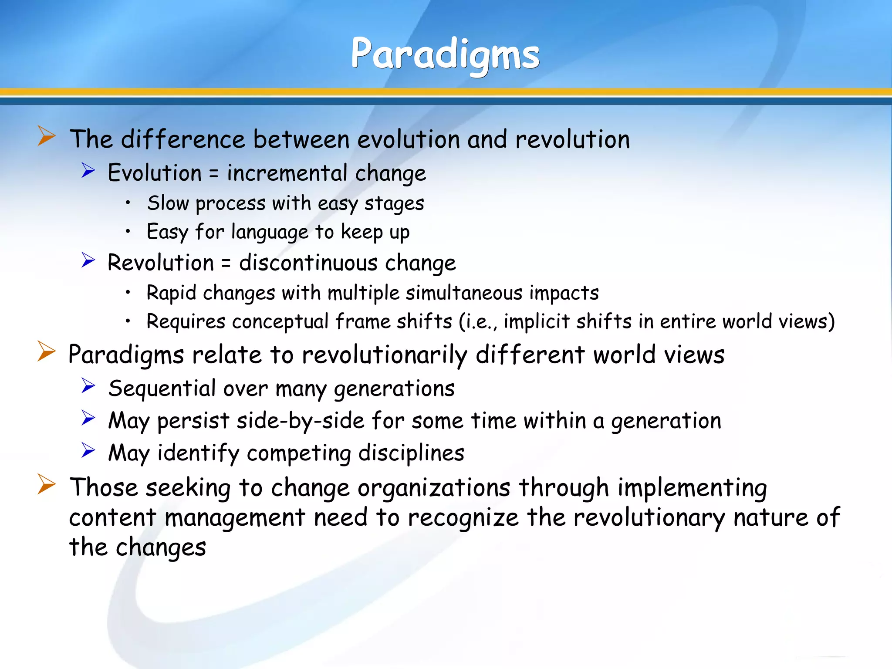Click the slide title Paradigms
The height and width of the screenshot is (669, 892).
(x=445, y=54)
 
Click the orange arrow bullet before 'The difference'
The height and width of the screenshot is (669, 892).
(x=46, y=136)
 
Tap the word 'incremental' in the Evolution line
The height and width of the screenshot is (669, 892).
(x=287, y=173)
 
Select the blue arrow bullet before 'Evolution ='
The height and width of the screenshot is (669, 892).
(x=88, y=170)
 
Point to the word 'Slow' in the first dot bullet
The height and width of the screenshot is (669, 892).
(x=168, y=203)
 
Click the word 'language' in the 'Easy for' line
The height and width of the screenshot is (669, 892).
(x=270, y=232)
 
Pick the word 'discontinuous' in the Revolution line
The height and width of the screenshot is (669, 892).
(x=308, y=263)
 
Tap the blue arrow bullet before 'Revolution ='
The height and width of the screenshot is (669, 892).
(x=88, y=260)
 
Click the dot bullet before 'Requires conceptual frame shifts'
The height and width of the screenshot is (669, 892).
(x=128, y=321)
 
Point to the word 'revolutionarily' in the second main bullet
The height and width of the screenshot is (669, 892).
(x=384, y=355)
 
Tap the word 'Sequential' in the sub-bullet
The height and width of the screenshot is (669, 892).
(x=162, y=388)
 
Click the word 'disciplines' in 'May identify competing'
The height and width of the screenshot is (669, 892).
(x=411, y=453)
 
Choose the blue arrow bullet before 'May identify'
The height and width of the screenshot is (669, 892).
(x=88, y=450)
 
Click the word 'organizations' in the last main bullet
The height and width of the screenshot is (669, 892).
(x=434, y=487)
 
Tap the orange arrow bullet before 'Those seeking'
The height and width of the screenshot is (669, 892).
(x=46, y=484)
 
